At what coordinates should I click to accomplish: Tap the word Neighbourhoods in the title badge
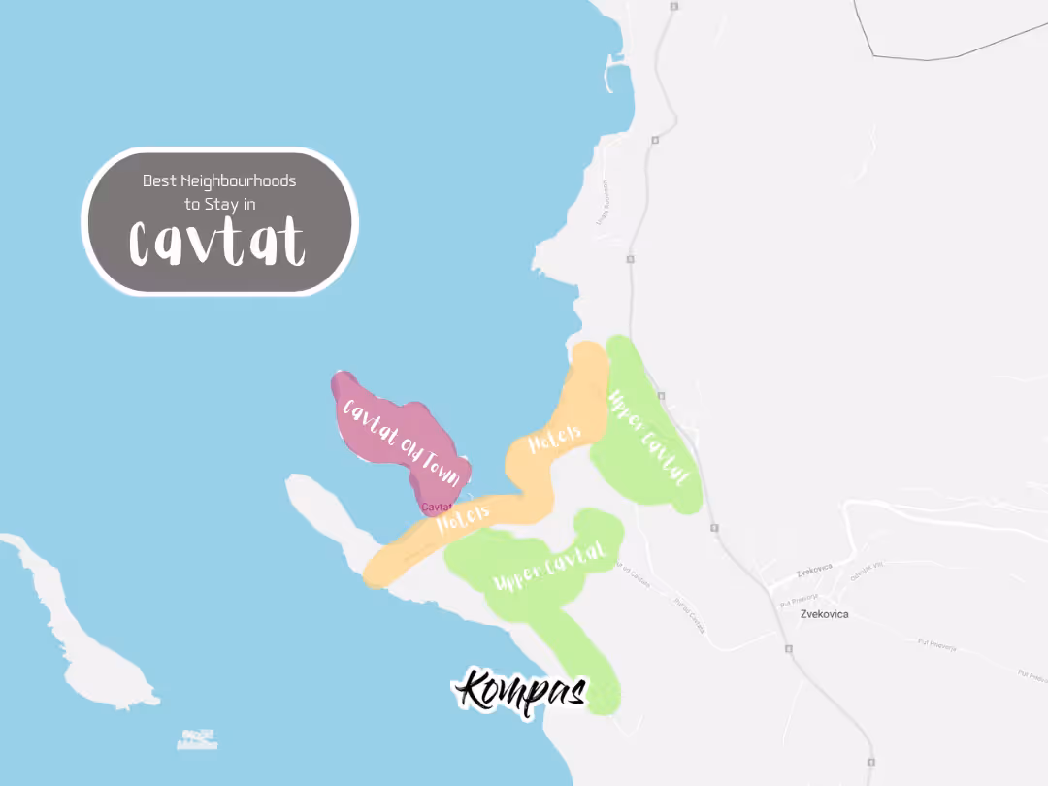[238, 180]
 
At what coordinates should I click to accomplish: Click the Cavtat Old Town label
[401, 442]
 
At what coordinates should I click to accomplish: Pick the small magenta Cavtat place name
[438, 507]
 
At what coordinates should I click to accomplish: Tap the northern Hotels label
[554, 439]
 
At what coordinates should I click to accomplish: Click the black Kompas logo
[521, 691]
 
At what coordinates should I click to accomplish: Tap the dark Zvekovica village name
[824, 614]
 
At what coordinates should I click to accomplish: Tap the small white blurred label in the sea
[197, 738]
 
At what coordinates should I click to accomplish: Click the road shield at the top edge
[671, 7]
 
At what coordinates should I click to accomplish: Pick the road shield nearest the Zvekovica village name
[786, 649]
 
